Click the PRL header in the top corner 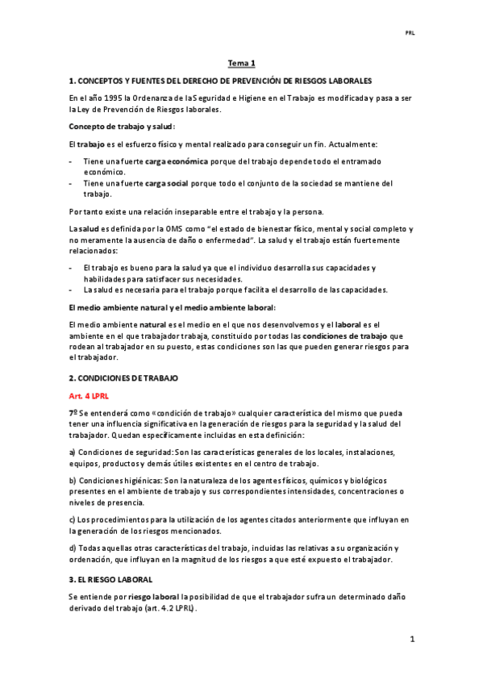pyautogui.click(x=409, y=34)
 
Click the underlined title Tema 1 pyautogui.click(x=241, y=63)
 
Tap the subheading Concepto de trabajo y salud pyautogui.click(x=121, y=127)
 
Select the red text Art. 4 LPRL pyautogui.click(x=88, y=396)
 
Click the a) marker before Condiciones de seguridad pyautogui.click(x=73, y=452)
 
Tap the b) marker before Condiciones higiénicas pyautogui.click(x=73, y=480)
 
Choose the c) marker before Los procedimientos pyautogui.click(x=73, y=519)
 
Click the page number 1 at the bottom pyautogui.click(x=412, y=640)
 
